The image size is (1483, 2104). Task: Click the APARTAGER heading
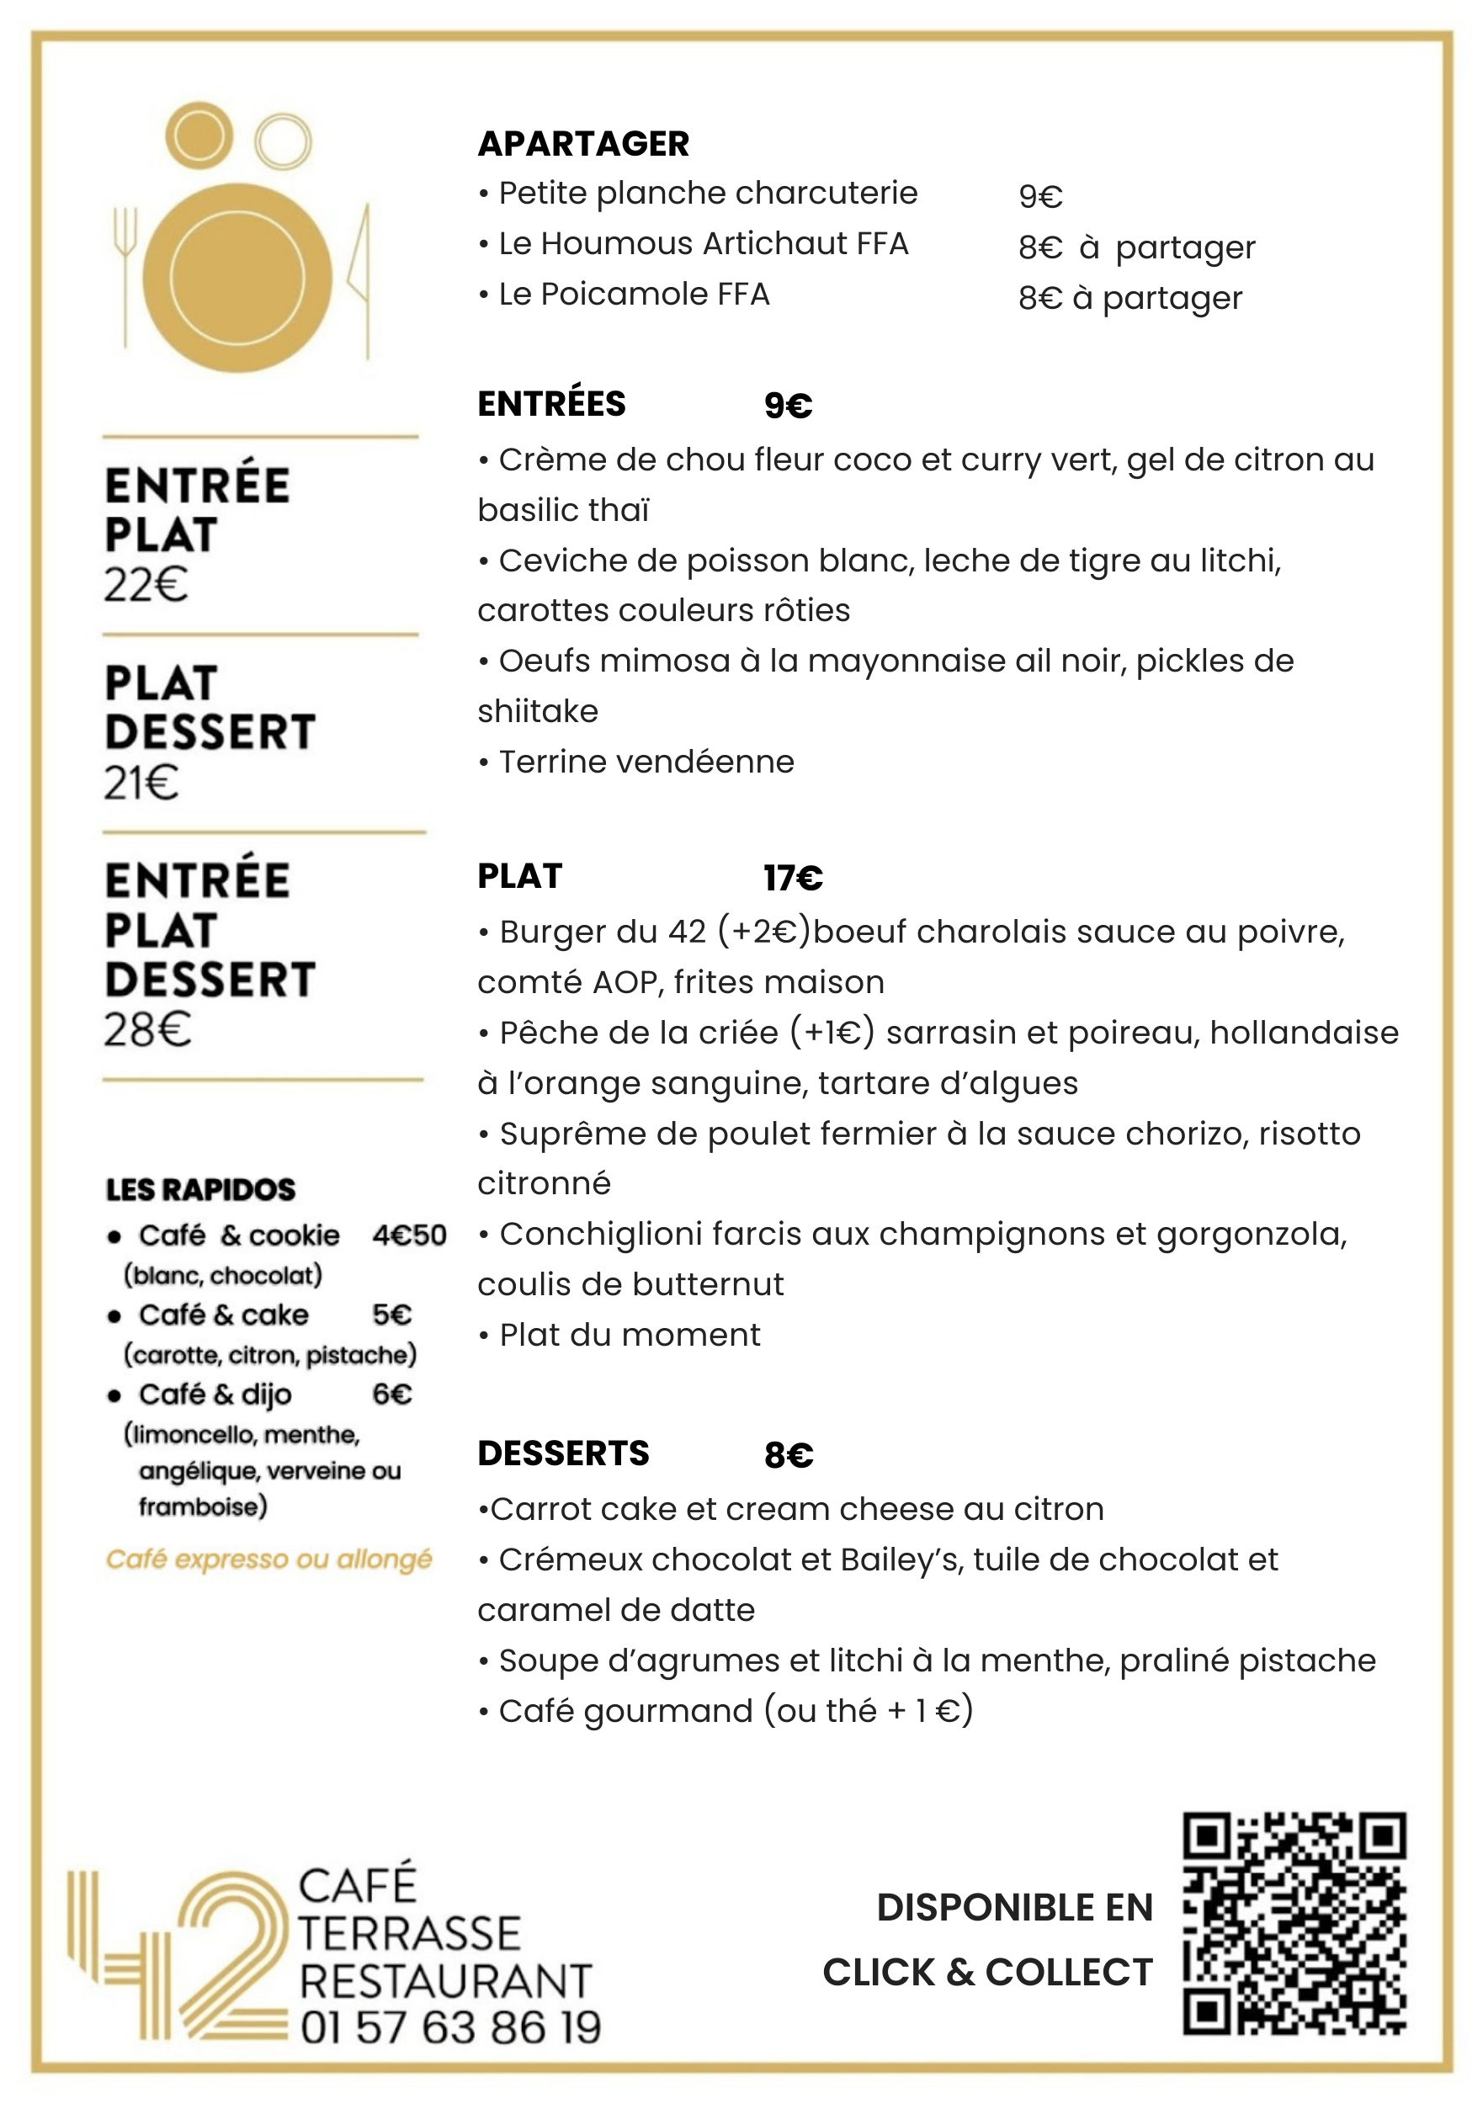tap(583, 144)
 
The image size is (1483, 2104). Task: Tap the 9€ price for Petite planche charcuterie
tap(1040, 196)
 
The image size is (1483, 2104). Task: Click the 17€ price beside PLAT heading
tap(793, 878)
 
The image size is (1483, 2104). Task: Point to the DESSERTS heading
tap(563, 1453)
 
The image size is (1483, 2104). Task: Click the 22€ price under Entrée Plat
tap(146, 585)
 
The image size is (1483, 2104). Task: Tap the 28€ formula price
tap(147, 1029)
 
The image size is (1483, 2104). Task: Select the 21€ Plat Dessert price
tap(141, 783)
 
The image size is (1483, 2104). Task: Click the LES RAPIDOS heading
tap(200, 1189)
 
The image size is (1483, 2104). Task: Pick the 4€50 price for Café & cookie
tap(409, 1235)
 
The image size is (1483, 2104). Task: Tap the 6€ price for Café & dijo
tap(391, 1394)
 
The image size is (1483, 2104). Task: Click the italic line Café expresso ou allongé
tap(268, 1559)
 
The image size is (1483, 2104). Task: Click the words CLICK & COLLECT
tap(987, 1972)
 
